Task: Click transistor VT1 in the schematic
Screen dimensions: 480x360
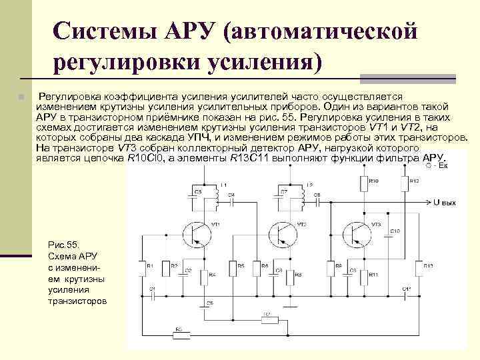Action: point(198,233)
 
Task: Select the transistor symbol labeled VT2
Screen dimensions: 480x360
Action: point(282,233)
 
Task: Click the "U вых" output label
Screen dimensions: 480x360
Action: point(445,201)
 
